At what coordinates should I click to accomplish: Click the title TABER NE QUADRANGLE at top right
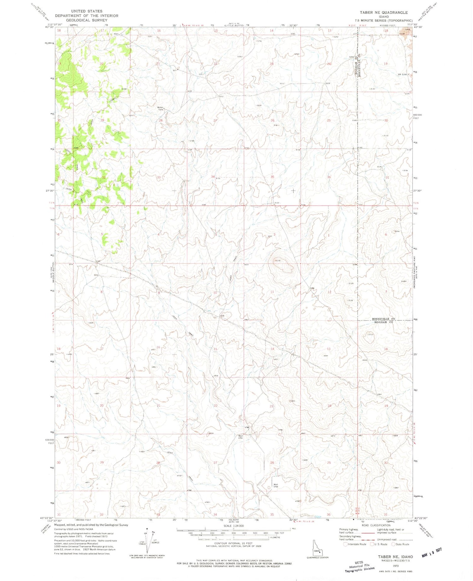(383, 13)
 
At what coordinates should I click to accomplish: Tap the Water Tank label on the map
(161, 108)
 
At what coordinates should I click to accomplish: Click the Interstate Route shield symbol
(345, 544)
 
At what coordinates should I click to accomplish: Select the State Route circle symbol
(393, 544)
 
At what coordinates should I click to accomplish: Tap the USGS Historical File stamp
(359, 566)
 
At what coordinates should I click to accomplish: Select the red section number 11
(272, 292)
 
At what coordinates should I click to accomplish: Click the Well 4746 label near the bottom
(276, 486)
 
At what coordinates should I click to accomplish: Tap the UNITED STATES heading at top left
(87, 11)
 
